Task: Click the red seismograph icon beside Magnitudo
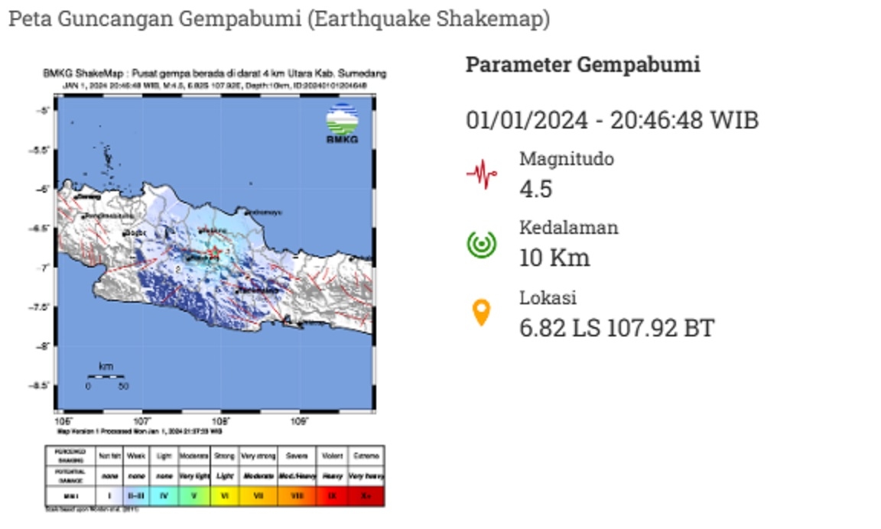click(482, 174)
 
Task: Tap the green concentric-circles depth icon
click(482, 244)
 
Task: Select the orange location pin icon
click(481, 313)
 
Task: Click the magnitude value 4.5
click(535, 189)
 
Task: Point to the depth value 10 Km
click(554, 258)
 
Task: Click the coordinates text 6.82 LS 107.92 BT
click(616, 328)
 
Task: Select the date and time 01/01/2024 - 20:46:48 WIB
click(612, 121)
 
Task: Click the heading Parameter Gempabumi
click(583, 65)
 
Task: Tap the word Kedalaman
click(568, 227)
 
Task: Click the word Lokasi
click(548, 297)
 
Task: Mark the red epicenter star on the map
click(216, 252)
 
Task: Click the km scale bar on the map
click(106, 376)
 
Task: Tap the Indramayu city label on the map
click(266, 212)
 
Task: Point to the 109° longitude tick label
click(300, 421)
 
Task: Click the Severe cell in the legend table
click(296, 455)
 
